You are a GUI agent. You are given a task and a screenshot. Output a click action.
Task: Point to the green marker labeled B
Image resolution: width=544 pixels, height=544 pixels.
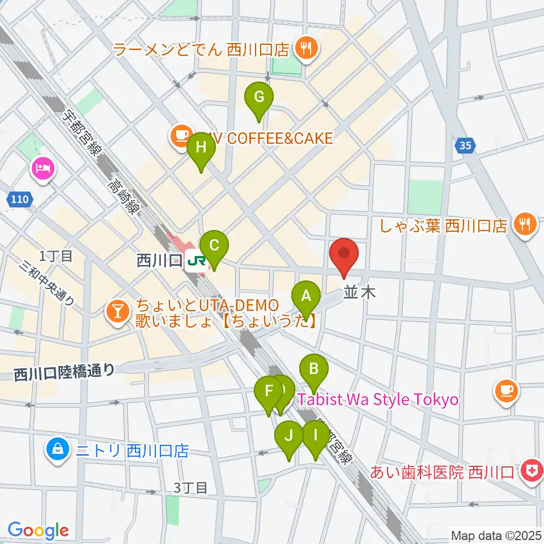[x=313, y=371]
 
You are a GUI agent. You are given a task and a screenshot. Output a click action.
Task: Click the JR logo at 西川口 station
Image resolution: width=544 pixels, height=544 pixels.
[x=197, y=261]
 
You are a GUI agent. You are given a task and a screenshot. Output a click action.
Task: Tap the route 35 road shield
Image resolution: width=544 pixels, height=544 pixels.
[x=465, y=146]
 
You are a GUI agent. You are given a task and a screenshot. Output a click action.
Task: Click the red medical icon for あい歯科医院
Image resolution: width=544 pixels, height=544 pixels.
[x=531, y=471]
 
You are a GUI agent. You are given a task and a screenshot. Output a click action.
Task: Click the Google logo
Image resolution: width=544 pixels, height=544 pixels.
[x=38, y=530]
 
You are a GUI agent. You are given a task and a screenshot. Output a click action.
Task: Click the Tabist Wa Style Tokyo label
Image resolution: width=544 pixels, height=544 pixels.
[x=377, y=399]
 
